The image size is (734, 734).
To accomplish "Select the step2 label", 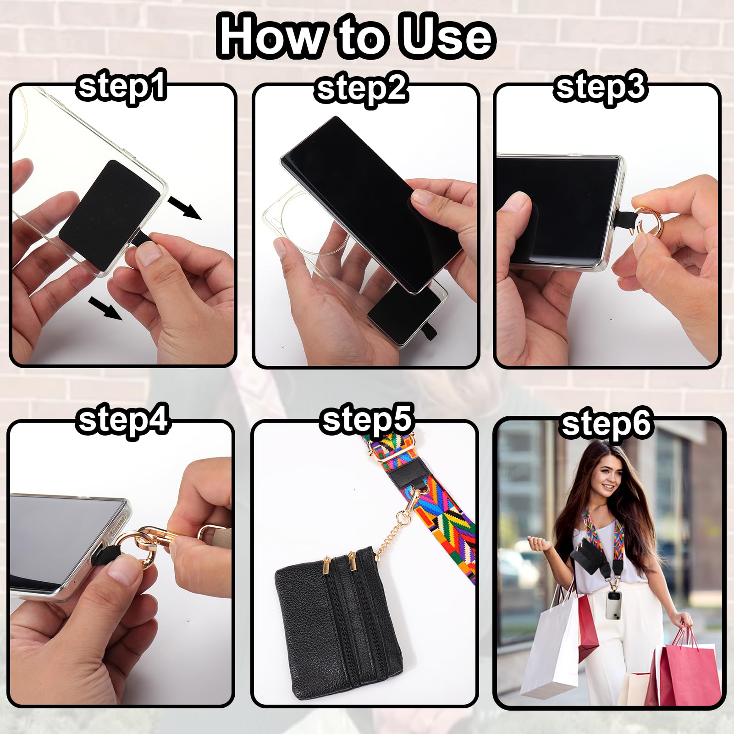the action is tap(362, 89).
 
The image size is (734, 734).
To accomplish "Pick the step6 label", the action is tap(607, 424).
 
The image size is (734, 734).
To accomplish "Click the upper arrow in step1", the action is tap(184, 207).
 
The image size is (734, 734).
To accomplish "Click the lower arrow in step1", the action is tap(105, 308).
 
